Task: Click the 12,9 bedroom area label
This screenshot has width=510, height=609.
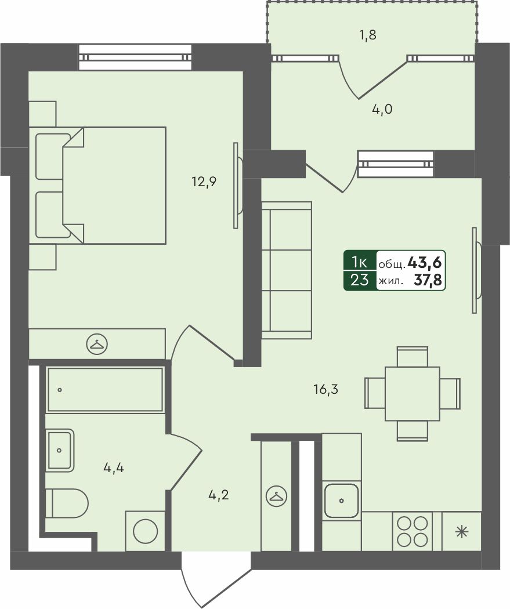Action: point(204,182)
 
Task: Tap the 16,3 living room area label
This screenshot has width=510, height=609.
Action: point(326,389)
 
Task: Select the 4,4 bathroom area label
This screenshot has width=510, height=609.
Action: point(113,469)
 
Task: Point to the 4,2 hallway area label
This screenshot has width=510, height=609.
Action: point(218,495)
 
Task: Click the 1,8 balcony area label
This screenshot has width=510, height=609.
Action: point(367,35)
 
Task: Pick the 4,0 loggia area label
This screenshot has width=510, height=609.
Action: point(382,109)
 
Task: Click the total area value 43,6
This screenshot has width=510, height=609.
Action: point(425,263)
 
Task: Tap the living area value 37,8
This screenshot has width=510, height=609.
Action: point(428,280)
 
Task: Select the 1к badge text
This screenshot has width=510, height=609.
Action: point(359,263)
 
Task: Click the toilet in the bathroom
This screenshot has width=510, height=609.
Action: point(67,503)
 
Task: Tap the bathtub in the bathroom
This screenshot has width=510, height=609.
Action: point(105,390)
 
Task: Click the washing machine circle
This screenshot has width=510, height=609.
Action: point(145,532)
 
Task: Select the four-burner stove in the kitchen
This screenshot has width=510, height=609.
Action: point(412,531)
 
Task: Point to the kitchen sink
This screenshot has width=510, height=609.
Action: point(341,501)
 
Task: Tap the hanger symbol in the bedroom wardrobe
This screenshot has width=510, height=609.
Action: point(97,344)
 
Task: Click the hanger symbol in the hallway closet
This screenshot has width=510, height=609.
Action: point(276,496)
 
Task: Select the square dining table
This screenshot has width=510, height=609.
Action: point(413,394)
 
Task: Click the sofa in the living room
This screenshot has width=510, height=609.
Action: point(287,270)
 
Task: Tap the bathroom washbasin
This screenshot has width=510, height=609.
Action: point(60,450)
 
